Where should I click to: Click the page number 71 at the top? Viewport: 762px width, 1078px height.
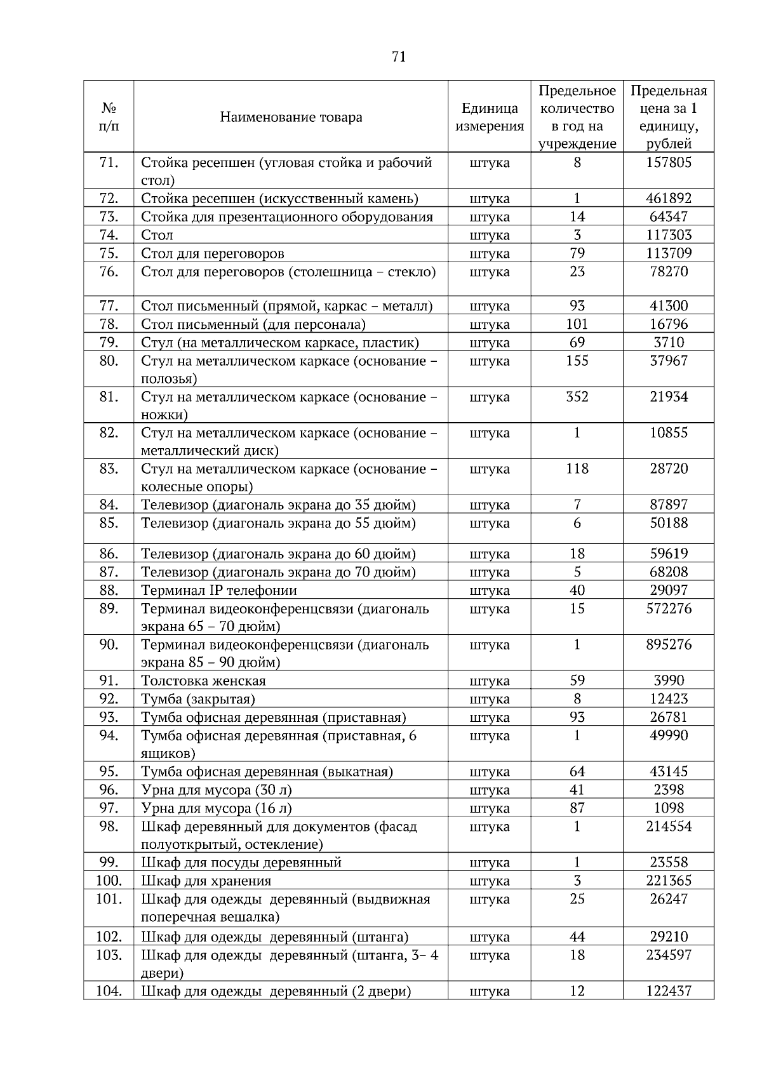(x=399, y=57)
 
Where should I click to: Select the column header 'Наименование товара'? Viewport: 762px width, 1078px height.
(x=291, y=117)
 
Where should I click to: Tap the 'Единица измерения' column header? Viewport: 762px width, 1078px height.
(x=490, y=117)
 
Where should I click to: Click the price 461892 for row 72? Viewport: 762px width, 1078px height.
(x=669, y=199)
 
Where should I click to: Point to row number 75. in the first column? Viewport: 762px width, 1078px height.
(x=109, y=254)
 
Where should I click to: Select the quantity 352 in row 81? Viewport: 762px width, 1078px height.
(x=577, y=397)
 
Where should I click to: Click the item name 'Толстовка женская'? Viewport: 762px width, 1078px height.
(x=203, y=681)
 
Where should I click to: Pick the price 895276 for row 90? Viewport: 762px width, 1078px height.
(x=669, y=645)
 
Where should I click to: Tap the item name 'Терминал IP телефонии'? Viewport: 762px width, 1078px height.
(x=219, y=590)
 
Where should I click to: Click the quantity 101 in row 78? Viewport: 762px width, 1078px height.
(x=577, y=324)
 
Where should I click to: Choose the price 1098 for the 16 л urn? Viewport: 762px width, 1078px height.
(x=669, y=808)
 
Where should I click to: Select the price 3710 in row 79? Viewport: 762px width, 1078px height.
(x=669, y=343)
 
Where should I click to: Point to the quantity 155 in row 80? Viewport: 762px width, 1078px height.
(x=577, y=361)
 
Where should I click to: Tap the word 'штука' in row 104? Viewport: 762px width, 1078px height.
(x=490, y=991)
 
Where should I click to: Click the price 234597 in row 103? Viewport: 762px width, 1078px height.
(x=669, y=955)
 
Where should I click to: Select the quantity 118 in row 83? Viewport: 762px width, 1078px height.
(x=577, y=469)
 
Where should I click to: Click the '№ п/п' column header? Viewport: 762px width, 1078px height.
(x=109, y=117)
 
